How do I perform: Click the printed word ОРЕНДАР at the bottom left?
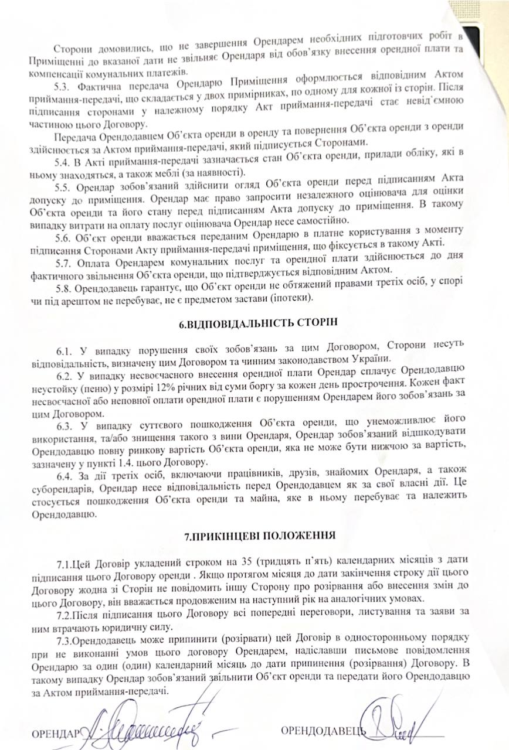pos(56,733)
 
